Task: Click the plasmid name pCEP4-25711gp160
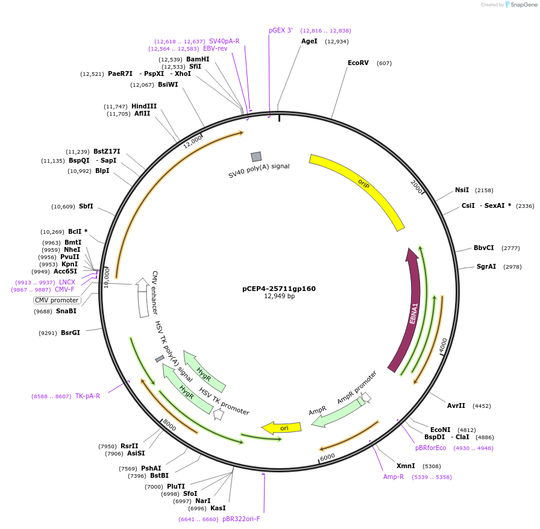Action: pos(278,289)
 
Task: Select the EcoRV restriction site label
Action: pos(358,63)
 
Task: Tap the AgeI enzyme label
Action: pos(309,41)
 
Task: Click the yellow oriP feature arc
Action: pos(362,187)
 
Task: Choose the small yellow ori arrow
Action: pos(281,428)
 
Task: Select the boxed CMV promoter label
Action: pos(57,300)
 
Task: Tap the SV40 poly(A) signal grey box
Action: pos(256,157)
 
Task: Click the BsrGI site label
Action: pos(71,333)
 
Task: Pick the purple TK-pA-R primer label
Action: pos(87,396)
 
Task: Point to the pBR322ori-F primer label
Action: pos(241,519)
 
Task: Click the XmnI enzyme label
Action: pos(406,466)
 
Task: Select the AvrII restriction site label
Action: pos(456,405)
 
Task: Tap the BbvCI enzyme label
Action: pos(483,248)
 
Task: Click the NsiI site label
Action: pos(462,190)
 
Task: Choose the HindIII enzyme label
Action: pos(144,106)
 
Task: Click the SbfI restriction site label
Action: pos(86,206)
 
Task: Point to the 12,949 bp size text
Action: pos(279,296)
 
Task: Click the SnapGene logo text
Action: pos(523,5)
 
